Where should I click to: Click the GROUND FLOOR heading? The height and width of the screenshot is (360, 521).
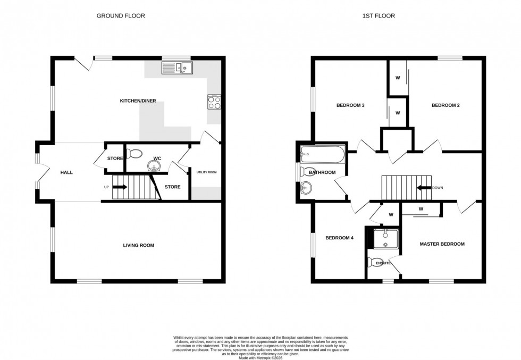click(x=120, y=16)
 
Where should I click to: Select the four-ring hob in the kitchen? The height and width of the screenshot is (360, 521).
click(x=214, y=102)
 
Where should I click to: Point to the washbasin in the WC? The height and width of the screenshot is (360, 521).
click(x=154, y=167)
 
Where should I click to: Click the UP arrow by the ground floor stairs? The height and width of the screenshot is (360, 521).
click(x=119, y=187)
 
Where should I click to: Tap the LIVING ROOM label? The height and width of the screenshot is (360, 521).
click(x=138, y=245)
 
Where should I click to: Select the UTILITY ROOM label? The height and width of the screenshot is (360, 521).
click(x=207, y=172)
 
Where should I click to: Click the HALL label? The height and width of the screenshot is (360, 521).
click(x=66, y=172)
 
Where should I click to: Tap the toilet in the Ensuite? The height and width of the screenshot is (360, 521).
click(x=373, y=262)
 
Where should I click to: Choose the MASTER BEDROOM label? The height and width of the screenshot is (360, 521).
click(x=442, y=244)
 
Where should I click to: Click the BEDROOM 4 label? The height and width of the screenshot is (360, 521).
click(x=340, y=238)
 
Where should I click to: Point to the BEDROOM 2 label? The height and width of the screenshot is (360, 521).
click(x=445, y=105)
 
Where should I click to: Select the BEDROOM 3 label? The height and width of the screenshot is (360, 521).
click(x=350, y=105)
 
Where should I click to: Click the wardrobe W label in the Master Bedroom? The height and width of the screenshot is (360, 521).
click(x=421, y=208)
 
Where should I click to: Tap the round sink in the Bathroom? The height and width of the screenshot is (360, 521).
click(x=306, y=187)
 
